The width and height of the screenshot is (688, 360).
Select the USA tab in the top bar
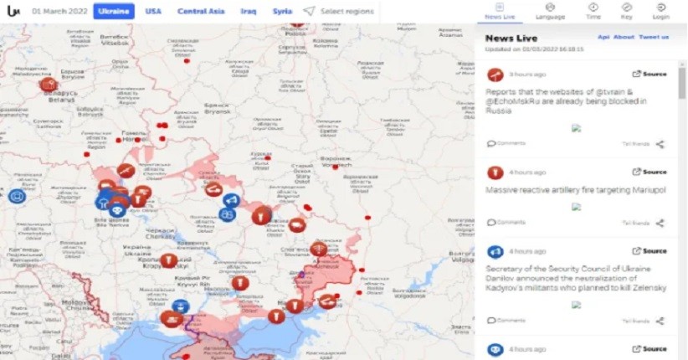click(x=153, y=12)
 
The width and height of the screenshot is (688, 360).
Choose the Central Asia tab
click(x=202, y=12)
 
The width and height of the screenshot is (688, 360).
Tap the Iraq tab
click(x=249, y=12)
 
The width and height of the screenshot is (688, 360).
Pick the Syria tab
click(x=282, y=12)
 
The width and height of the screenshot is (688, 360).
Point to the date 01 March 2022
click(x=58, y=12)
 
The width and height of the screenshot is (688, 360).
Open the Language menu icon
click(x=550, y=10)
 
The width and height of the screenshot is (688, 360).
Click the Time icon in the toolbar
click(x=593, y=10)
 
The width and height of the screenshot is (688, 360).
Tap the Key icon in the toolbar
click(x=627, y=10)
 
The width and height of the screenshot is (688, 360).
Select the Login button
click(x=660, y=10)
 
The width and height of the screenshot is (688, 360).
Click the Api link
click(x=603, y=37)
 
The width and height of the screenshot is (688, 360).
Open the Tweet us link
click(x=653, y=37)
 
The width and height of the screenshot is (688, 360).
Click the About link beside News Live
click(x=624, y=37)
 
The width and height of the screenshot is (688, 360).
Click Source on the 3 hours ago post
click(x=649, y=74)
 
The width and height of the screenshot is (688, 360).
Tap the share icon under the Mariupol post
click(x=660, y=223)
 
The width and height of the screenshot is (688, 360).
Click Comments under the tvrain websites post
click(x=507, y=143)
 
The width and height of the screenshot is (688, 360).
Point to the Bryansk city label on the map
click(x=216, y=111)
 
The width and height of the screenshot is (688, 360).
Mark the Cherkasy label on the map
click(x=159, y=235)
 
